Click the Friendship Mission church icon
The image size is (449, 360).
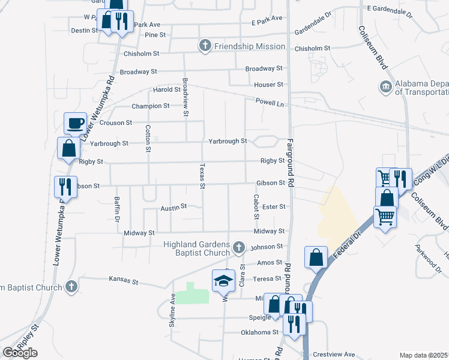click(x=205, y=46)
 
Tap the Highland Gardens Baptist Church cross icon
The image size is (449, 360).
click(x=239, y=247)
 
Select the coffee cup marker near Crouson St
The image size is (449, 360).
click(x=76, y=122)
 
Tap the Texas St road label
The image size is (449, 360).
click(x=202, y=176)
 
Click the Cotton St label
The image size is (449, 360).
click(x=148, y=138)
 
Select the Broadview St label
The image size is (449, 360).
click(x=185, y=97)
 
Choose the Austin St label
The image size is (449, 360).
click(x=174, y=207)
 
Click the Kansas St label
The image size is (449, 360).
click(x=123, y=280)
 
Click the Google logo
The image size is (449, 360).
click(x=20, y=353)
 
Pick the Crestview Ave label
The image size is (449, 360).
click(x=337, y=354)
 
